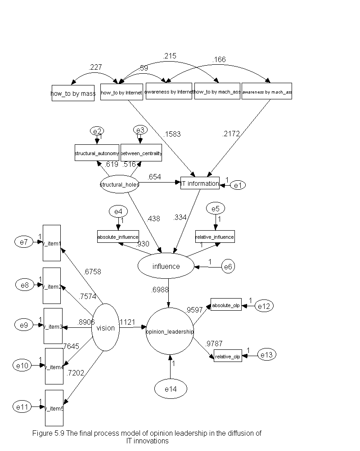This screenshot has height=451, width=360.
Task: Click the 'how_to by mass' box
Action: click(x=73, y=93)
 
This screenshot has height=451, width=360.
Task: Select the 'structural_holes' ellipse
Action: click(x=119, y=183)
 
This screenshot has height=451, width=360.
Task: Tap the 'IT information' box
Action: click(x=200, y=183)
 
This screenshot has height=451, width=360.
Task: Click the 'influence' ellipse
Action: click(x=166, y=266)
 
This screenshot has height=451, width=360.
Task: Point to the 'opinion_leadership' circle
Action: click(x=170, y=331)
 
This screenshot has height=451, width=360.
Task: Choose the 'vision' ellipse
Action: click(x=106, y=327)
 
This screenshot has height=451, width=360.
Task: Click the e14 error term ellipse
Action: click(x=171, y=389)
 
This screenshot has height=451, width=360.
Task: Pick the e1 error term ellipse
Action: click(x=238, y=185)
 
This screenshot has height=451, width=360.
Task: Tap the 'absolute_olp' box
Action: click(x=225, y=306)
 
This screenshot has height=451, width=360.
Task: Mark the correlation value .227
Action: click(x=95, y=67)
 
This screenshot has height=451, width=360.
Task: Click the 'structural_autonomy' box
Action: click(x=97, y=153)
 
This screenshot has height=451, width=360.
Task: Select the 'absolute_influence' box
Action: click(x=118, y=236)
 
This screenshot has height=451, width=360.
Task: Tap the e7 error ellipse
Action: click(x=24, y=242)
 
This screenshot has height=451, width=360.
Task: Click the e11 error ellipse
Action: click(x=22, y=407)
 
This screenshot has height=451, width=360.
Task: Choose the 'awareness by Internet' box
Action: click(x=169, y=91)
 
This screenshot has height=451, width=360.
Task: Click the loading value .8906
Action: click(x=86, y=322)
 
